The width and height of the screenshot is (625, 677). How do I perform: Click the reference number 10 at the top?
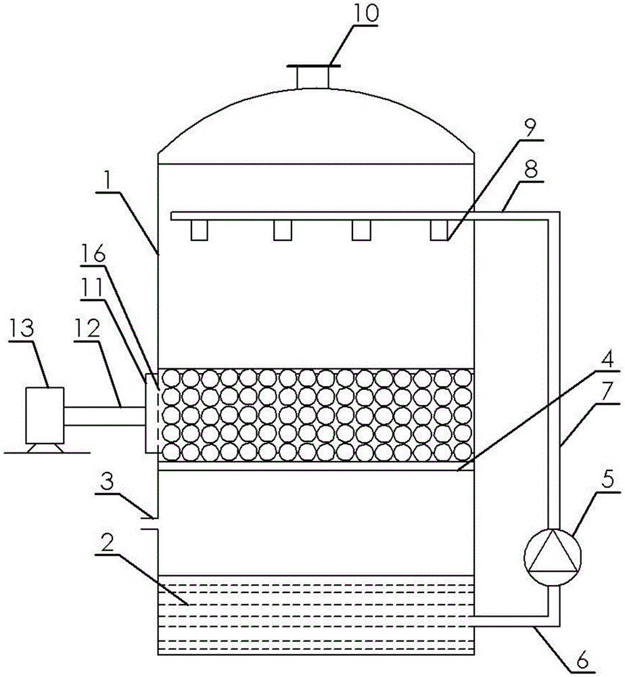pyautogui.click(x=366, y=14)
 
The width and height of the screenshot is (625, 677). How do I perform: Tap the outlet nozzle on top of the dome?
pyautogui.click(x=313, y=77)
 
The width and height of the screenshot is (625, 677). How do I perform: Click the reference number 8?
pyautogui.click(x=530, y=170)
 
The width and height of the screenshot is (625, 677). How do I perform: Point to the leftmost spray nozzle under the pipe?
pyautogui.click(x=200, y=230)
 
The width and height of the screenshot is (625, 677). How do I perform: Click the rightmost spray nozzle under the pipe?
pyautogui.click(x=439, y=230)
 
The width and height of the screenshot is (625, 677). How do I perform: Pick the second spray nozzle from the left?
pyautogui.click(x=283, y=230)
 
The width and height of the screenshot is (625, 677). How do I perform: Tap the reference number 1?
pyautogui.click(x=107, y=183)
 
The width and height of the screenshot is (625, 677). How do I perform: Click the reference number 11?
pyautogui.click(x=92, y=287)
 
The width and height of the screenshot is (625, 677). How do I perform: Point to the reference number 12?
pyautogui.click(x=87, y=330)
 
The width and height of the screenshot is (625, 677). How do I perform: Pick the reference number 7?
pyautogui.click(x=607, y=393)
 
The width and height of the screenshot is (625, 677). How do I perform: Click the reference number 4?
pyautogui.click(x=607, y=359)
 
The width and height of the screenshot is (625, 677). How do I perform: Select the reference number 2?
pyautogui.click(x=108, y=542)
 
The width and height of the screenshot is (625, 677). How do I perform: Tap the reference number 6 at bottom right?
pyautogui.click(x=582, y=661)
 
